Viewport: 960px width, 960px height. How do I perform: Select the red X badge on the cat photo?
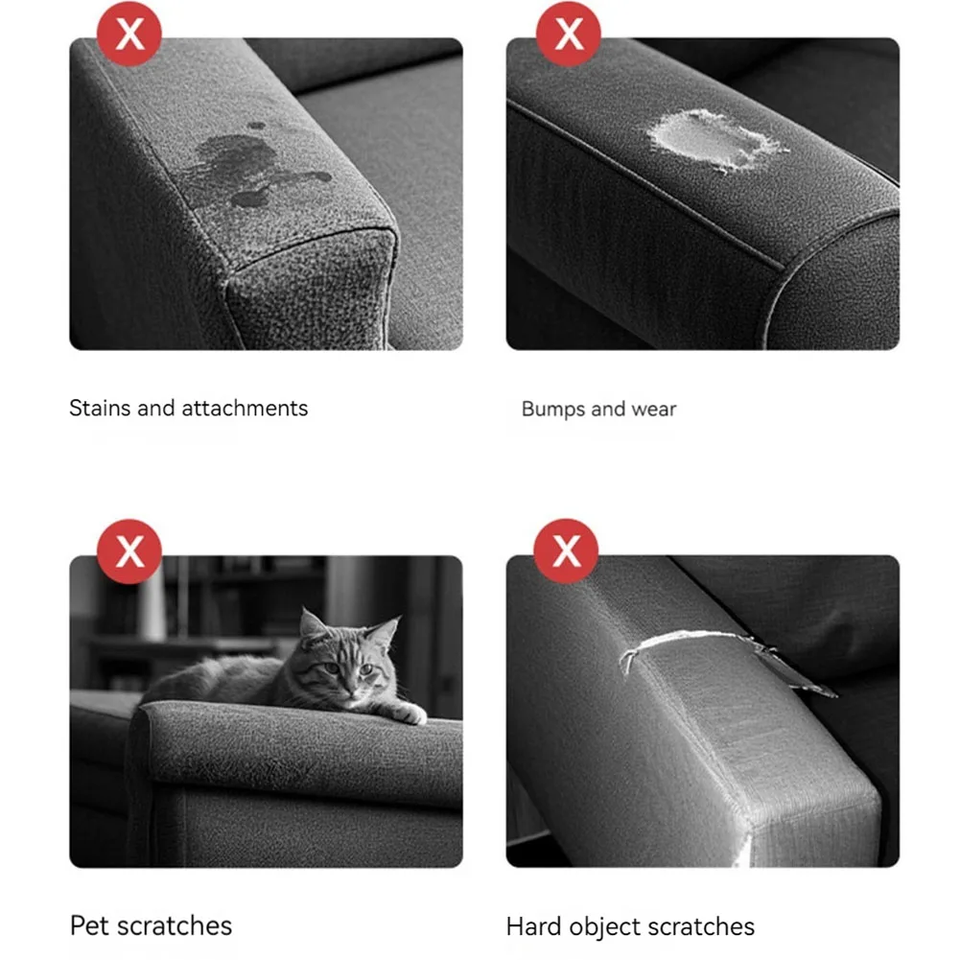130,551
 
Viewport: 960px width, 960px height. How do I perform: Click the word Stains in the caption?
100,408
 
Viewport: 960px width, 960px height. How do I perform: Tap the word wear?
654,410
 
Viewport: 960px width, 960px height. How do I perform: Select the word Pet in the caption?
89,926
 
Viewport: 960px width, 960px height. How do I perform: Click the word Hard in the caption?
534,927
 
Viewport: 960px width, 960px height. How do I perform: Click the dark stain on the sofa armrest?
254,168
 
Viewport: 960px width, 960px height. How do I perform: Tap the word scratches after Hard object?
704,927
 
